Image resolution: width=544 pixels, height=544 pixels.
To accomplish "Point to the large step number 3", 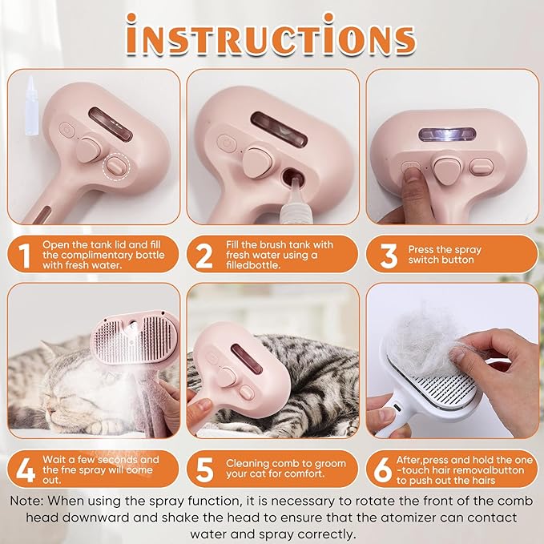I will coord(389,256).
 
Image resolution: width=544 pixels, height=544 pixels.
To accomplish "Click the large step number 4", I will coord(26,469).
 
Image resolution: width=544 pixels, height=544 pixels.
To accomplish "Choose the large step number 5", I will coord(205,469).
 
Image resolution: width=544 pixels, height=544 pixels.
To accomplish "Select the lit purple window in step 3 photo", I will coord(445,133).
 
